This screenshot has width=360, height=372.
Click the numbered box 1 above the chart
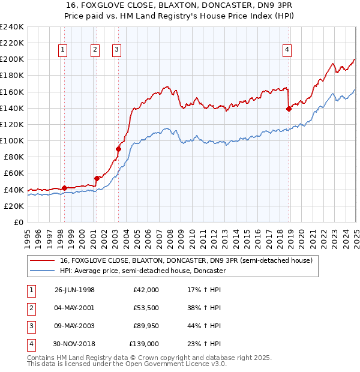(64, 50)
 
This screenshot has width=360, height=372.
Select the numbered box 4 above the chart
(287, 50)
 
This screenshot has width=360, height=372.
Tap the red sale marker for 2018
(289, 109)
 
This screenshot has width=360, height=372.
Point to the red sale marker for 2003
(118, 149)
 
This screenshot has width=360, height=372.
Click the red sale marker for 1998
(65, 188)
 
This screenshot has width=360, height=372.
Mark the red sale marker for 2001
(97, 178)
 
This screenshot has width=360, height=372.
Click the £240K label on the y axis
(12, 27)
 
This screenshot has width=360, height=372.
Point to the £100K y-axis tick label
(12, 140)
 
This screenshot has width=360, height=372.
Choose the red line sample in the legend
(42, 261)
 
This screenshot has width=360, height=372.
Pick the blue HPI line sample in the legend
(42, 271)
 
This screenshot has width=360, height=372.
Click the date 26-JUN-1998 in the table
(74, 290)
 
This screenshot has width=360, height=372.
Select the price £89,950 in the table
(146, 326)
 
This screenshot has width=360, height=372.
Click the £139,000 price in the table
(144, 344)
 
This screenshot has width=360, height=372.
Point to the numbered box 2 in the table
(31, 308)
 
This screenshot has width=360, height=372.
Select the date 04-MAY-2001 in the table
(74, 308)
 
